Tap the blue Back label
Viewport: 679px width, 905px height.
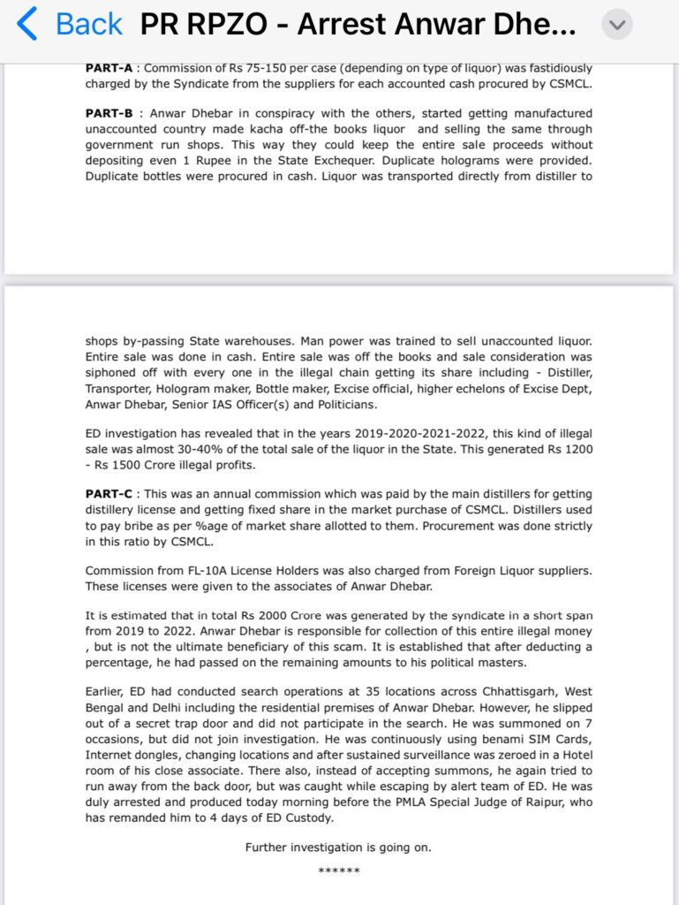click(88, 26)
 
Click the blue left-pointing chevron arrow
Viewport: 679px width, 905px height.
click(27, 25)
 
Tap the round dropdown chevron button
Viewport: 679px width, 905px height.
click(617, 26)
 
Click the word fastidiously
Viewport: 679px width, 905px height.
click(547, 68)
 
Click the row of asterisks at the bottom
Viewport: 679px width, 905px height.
click(339, 871)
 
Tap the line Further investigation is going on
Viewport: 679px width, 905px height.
click(339, 847)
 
